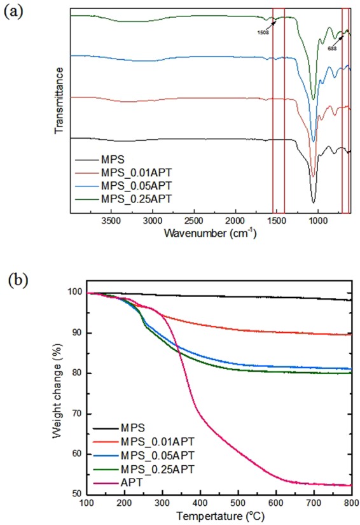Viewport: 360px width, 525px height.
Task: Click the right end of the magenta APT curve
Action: click(350, 486)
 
